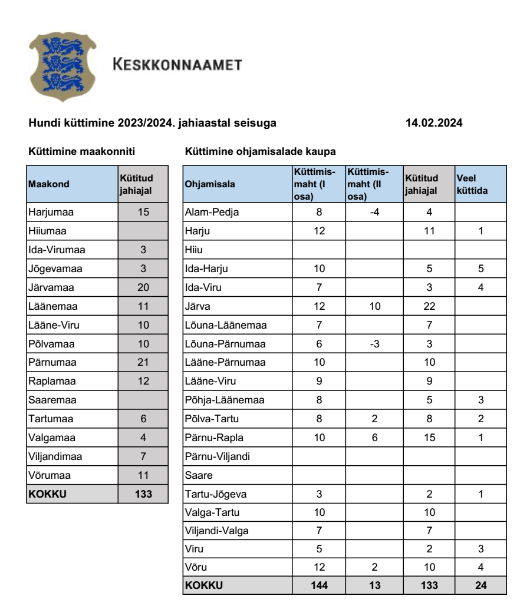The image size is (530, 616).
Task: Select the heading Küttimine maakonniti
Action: [82, 152]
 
